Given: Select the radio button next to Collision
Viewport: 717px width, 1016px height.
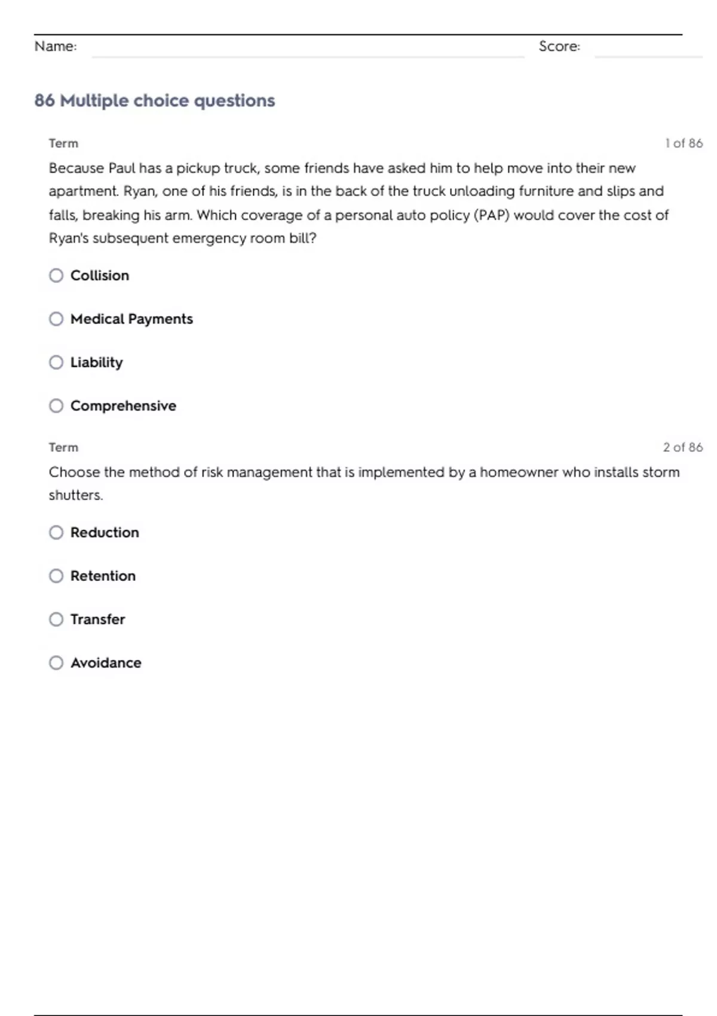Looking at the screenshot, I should (56, 276).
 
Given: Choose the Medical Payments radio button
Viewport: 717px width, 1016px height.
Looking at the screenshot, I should (56, 319).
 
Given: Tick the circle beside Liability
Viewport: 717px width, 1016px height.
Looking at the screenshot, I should (56, 363).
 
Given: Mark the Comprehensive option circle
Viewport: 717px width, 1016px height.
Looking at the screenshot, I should (56, 406).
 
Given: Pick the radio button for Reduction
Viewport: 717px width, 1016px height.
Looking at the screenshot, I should (56, 533).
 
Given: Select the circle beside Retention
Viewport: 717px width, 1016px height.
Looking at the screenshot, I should (56, 576).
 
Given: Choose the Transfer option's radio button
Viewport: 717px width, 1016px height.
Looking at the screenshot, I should (56, 620).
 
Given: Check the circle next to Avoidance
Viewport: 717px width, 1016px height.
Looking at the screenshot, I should (56, 663).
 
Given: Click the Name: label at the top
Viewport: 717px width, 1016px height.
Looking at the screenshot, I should (56, 47).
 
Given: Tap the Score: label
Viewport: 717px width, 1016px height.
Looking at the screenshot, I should (559, 47).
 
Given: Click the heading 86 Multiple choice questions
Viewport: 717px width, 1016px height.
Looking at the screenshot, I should (155, 100).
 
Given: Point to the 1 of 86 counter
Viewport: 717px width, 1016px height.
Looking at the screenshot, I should (684, 143).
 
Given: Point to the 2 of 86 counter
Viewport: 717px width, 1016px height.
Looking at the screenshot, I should (682, 448).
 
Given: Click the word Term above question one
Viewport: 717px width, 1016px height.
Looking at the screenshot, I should (63, 143).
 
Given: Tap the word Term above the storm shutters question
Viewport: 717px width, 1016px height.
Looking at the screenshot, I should (63, 448).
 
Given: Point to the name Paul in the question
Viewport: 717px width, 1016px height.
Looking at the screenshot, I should (122, 169).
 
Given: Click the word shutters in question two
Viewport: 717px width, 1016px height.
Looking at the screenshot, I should (75, 495).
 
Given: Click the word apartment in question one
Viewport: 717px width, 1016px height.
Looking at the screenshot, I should (83, 192).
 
